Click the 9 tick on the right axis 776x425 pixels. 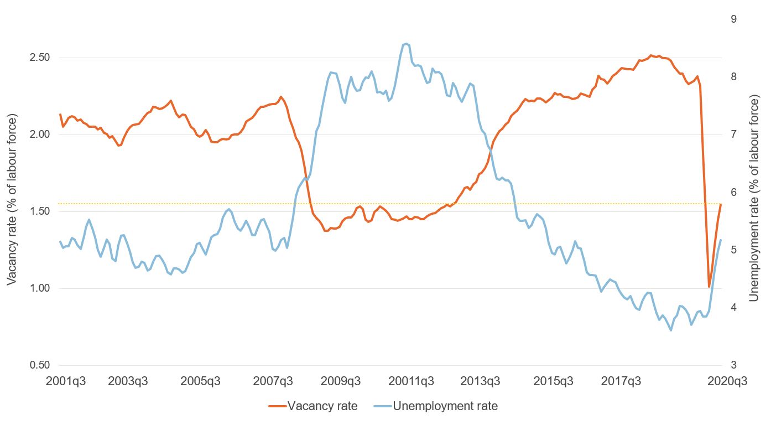click(733, 19)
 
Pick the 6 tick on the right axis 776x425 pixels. click(733, 192)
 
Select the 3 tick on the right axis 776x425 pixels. click(733, 365)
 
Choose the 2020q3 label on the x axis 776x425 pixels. click(721, 381)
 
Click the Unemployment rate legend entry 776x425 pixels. click(445, 406)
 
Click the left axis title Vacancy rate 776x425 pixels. click(12, 200)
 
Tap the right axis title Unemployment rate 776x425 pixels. click(753, 198)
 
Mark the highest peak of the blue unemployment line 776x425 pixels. click(407, 43)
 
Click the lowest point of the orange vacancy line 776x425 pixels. click(709, 287)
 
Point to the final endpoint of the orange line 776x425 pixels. click(721, 205)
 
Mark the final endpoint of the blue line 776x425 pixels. click(721, 240)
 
